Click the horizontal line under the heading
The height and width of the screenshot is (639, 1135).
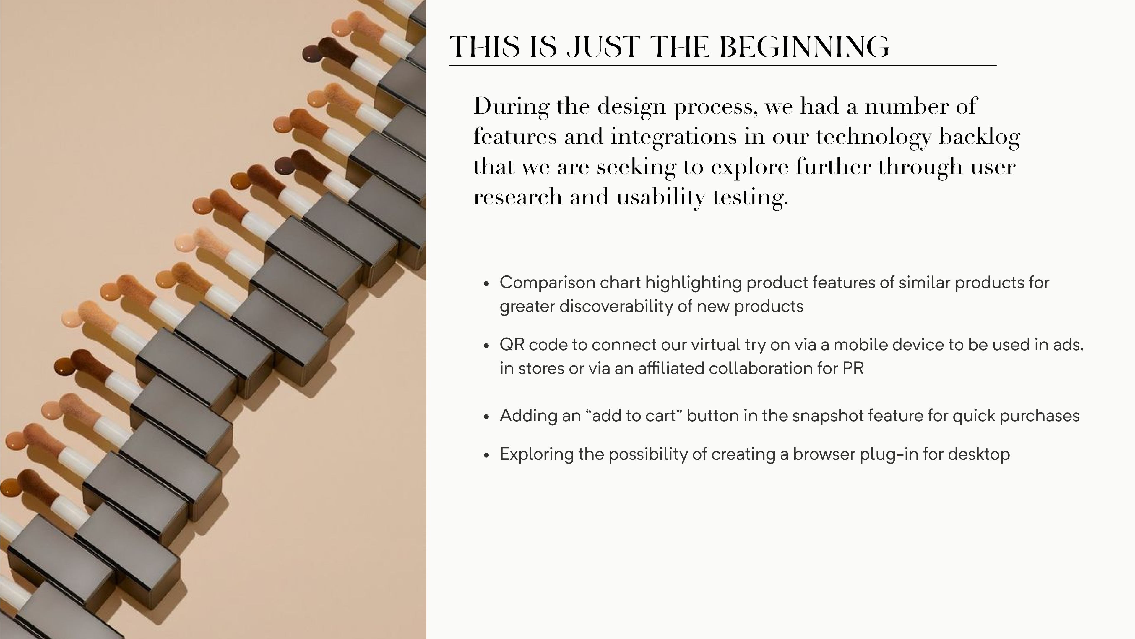click(x=722, y=65)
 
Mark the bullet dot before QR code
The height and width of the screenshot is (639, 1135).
click(x=486, y=346)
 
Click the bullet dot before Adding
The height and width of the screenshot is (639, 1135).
click(x=486, y=417)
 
